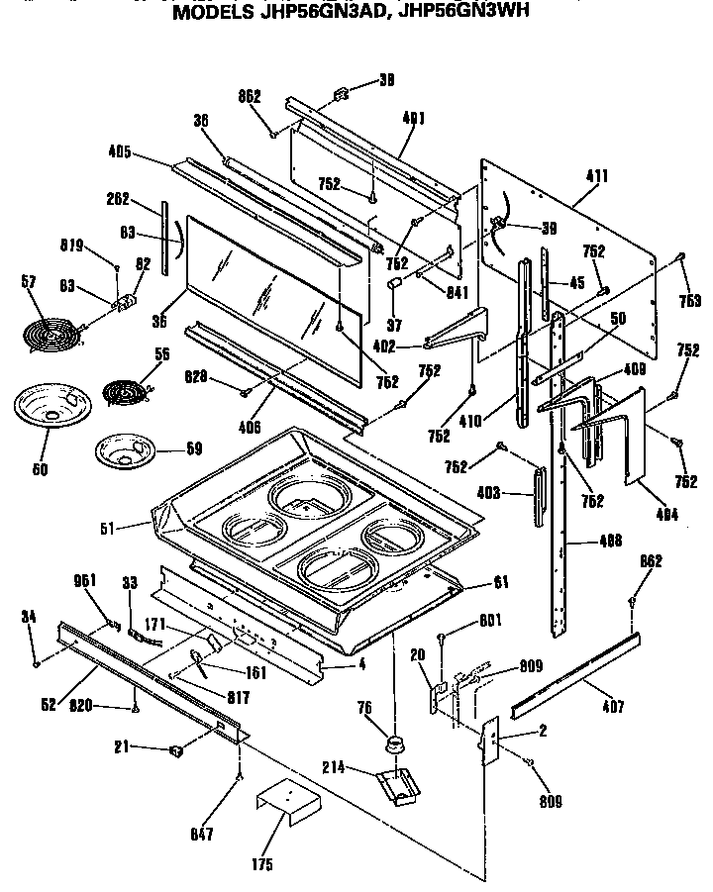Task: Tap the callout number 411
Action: pos(597,176)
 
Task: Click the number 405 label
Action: pos(119,153)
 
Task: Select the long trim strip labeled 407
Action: pos(573,672)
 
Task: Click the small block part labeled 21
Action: pos(177,750)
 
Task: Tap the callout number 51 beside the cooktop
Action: pos(110,528)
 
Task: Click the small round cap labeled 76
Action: pos(395,742)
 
